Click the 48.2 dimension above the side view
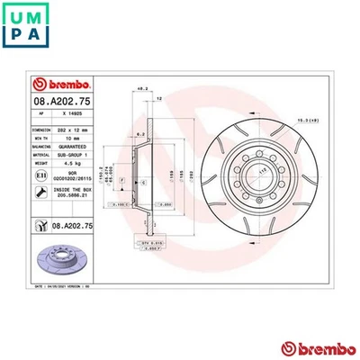[x=142, y=88]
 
